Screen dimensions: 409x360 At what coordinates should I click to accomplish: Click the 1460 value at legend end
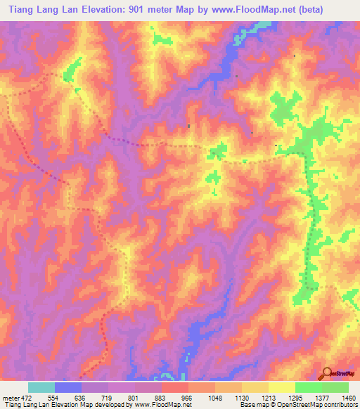[348, 398]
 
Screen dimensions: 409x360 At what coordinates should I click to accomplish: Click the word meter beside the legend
[11, 398]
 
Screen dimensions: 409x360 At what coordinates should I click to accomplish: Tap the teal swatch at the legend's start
[41, 387]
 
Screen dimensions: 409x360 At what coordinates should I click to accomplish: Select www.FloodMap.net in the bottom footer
[162, 405]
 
